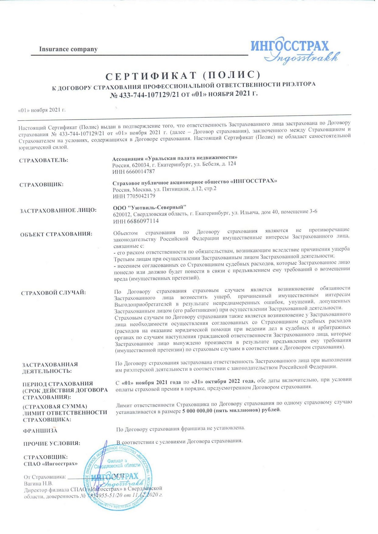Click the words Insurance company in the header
(x=68, y=49)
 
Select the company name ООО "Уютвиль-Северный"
(x=149, y=207)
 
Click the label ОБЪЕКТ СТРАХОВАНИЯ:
(x=56, y=234)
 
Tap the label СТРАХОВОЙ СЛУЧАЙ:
(x=54, y=293)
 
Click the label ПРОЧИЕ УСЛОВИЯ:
(x=52, y=444)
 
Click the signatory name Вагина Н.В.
(x=38, y=483)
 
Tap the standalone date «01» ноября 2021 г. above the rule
(x=42, y=110)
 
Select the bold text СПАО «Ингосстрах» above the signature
(x=51, y=464)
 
